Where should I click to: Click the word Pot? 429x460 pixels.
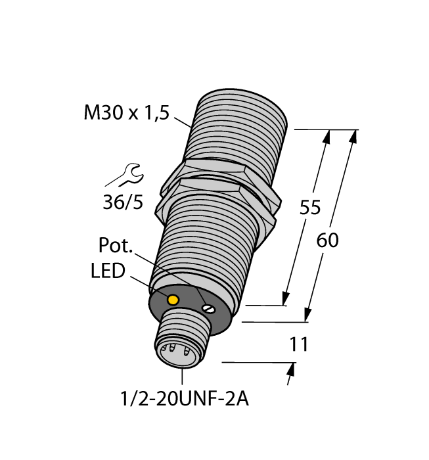pos(116,246)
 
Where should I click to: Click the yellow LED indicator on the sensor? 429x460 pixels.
pos(173,300)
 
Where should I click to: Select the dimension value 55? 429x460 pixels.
pos(309,208)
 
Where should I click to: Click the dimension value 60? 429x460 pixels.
pos(327,241)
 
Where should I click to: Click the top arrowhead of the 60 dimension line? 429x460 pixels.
pos(355,136)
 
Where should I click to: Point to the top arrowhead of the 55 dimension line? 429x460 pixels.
pos(327,137)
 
